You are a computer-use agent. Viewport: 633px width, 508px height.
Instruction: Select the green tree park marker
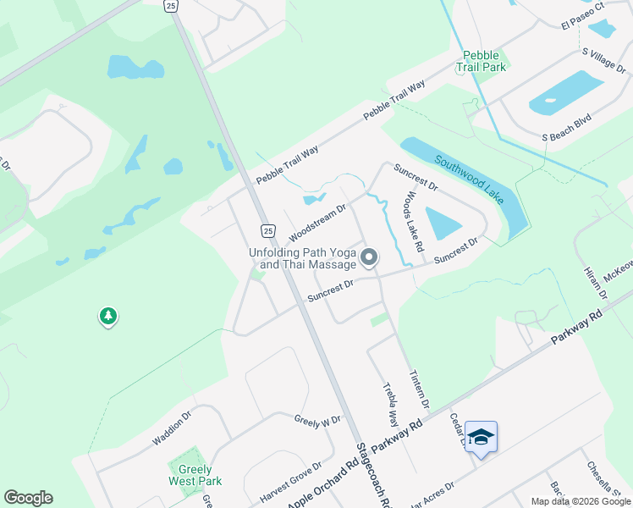[x=107, y=317]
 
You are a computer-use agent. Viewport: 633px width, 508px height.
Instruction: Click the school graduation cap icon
[x=481, y=437]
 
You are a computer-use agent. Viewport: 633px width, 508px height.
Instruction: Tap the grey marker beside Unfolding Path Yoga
[x=369, y=257]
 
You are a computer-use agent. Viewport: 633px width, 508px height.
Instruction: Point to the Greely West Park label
[x=195, y=475]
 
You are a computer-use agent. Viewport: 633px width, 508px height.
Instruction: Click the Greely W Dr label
[x=317, y=420]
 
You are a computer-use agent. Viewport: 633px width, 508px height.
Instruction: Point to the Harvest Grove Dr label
[x=293, y=481]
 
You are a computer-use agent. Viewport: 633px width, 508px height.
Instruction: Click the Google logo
[x=28, y=498]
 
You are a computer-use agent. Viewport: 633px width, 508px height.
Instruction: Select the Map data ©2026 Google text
[x=580, y=501]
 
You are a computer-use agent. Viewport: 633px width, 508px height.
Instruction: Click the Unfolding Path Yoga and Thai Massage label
[x=302, y=258]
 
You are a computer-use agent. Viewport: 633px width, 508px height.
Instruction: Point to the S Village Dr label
[x=602, y=63]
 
